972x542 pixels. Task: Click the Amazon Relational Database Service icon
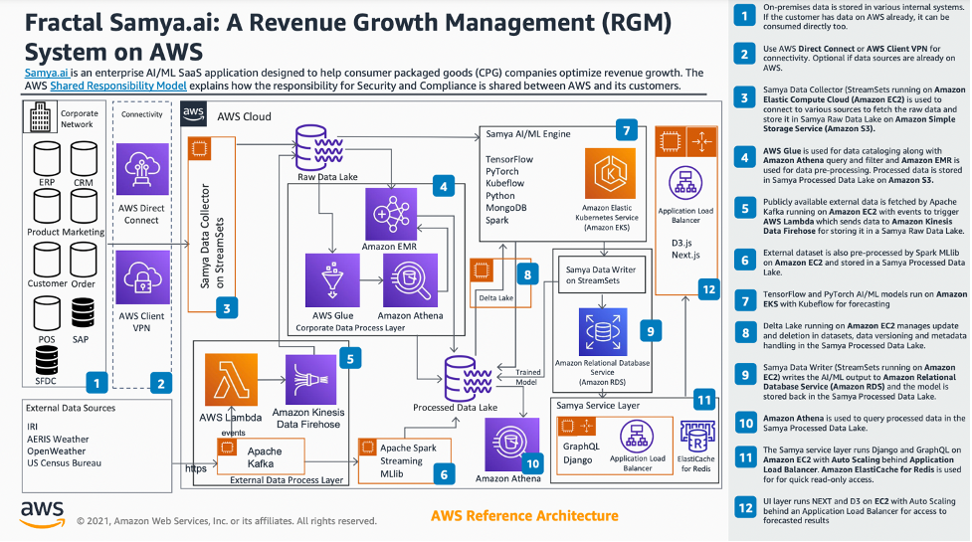coord(601,329)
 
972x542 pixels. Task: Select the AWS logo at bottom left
coord(44,513)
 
